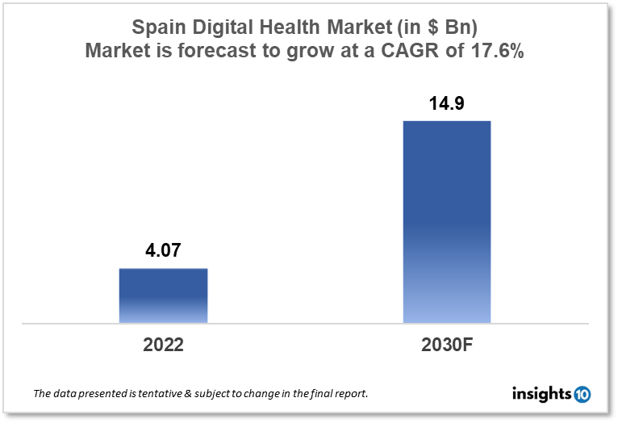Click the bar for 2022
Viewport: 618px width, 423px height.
coord(163,295)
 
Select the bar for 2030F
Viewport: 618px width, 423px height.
coord(446,222)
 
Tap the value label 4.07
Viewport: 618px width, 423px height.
coord(163,251)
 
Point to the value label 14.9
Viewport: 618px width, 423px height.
coord(446,104)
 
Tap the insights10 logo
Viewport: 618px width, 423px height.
coord(551,394)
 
